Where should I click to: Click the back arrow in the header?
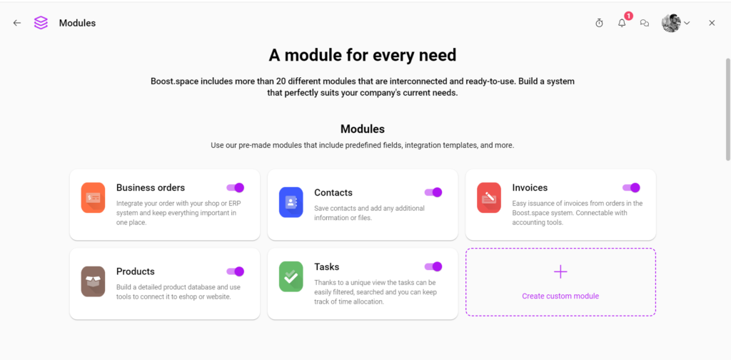(x=17, y=23)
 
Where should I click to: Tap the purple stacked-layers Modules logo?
(x=41, y=23)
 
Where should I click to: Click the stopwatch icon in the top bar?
(x=599, y=23)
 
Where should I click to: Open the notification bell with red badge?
(x=622, y=23)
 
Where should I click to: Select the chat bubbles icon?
(x=645, y=23)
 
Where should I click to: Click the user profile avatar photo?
(x=671, y=23)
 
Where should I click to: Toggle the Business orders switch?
(x=236, y=188)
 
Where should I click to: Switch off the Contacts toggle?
(x=433, y=192)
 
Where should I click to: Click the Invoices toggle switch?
(x=631, y=188)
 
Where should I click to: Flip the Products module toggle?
(x=236, y=271)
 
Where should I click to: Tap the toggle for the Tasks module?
(x=433, y=266)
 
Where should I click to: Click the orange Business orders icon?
(x=93, y=197)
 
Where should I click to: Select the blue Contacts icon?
(x=291, y=202)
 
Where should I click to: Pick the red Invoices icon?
(x=489, y=197)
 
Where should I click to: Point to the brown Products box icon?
(x=93, y=281)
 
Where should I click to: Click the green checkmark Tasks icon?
(x=291, y=276)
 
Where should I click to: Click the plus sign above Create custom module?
(x=560, y=271)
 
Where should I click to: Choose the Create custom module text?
(x=560, y=296)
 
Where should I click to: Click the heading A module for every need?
(x=363, y=55)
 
